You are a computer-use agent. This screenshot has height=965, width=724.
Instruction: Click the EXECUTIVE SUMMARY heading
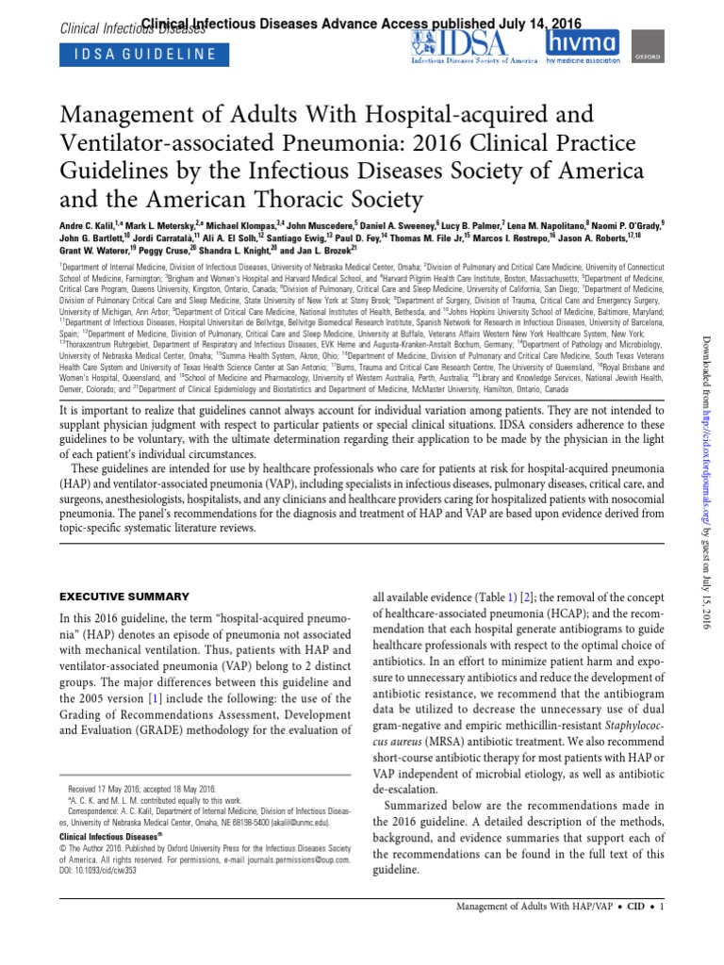click(124, 597)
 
